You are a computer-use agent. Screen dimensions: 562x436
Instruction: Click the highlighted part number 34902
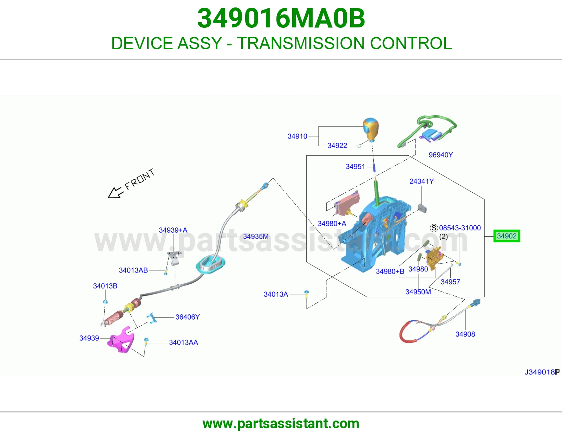(507, 236)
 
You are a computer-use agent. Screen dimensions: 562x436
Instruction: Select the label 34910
(298, 136)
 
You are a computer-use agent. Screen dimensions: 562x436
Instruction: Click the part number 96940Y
(441, 155)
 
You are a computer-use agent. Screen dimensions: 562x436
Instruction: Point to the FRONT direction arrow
(115, 193)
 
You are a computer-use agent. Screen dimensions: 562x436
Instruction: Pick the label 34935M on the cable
(255, 236)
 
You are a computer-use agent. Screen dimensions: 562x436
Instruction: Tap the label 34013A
(276, 294)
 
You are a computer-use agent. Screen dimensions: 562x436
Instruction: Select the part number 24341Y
(421, 181)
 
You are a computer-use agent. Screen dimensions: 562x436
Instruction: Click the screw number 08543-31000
(460, 228)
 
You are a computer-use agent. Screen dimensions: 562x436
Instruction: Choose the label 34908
(465, 334)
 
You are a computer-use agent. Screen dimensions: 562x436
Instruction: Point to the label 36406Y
(188, 317)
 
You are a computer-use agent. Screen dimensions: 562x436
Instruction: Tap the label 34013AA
(183, 342)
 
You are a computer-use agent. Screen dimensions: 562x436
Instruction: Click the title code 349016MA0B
(281, 18)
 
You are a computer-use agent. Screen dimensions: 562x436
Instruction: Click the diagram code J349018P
(542, 372)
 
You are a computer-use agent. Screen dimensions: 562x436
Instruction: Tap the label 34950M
(418, 292)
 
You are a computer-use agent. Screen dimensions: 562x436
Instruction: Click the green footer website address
(281, 424)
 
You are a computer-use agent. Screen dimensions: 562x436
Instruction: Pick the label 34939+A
(173, 230)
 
